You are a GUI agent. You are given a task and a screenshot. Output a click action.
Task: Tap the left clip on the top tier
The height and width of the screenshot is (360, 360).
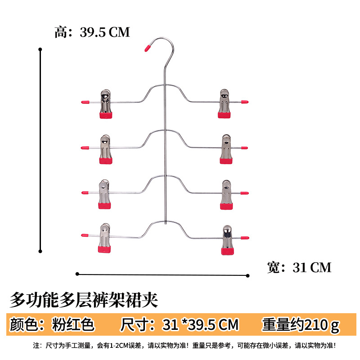[105, 104]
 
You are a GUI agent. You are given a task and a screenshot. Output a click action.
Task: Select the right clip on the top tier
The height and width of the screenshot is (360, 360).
[225, 104]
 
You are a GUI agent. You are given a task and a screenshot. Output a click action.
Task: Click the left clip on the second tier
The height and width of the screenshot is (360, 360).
[105, 149]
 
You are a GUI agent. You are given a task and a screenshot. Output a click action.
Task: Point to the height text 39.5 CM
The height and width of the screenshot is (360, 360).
[104, 32]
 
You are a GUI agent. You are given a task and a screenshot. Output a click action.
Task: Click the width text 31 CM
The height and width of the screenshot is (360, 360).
[311, 267]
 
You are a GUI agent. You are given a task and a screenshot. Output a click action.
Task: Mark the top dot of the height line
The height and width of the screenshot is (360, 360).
[40, 49]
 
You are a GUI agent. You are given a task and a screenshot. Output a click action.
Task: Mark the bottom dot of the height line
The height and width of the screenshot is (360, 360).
[40, 251]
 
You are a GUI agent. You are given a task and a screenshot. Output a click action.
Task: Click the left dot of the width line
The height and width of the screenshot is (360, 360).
[77, 273]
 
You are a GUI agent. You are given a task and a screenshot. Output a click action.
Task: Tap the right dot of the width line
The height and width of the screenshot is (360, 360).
[248, 275]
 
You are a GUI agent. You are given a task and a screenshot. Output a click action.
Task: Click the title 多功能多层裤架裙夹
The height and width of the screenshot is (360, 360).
[84, 299]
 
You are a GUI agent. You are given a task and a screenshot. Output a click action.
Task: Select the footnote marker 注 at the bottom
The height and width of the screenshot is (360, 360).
[37, 346]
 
